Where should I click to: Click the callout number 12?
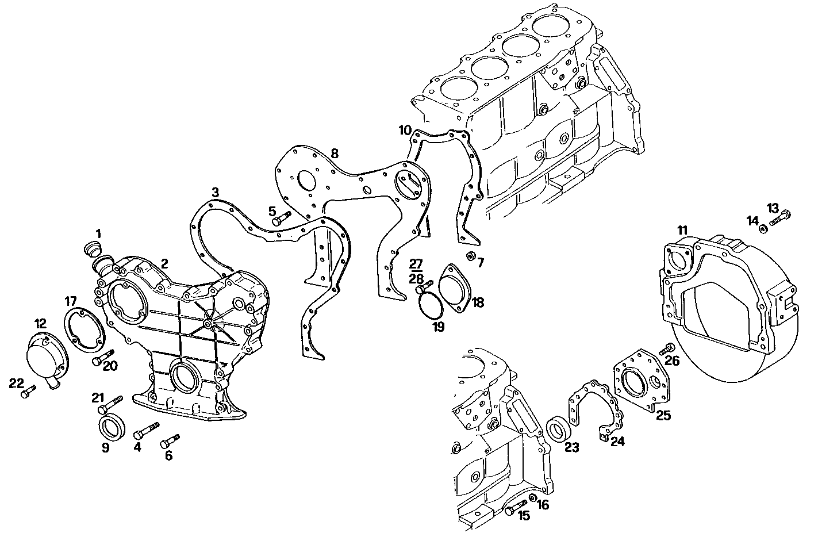[x=40, y=323]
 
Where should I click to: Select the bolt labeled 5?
[x=282, y=218]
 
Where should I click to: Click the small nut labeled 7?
[x=470, y=256]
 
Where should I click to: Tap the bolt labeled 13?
[x=779, y=218]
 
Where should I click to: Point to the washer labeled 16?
[x=532, y=497]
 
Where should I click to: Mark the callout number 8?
[x=334, y=154]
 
